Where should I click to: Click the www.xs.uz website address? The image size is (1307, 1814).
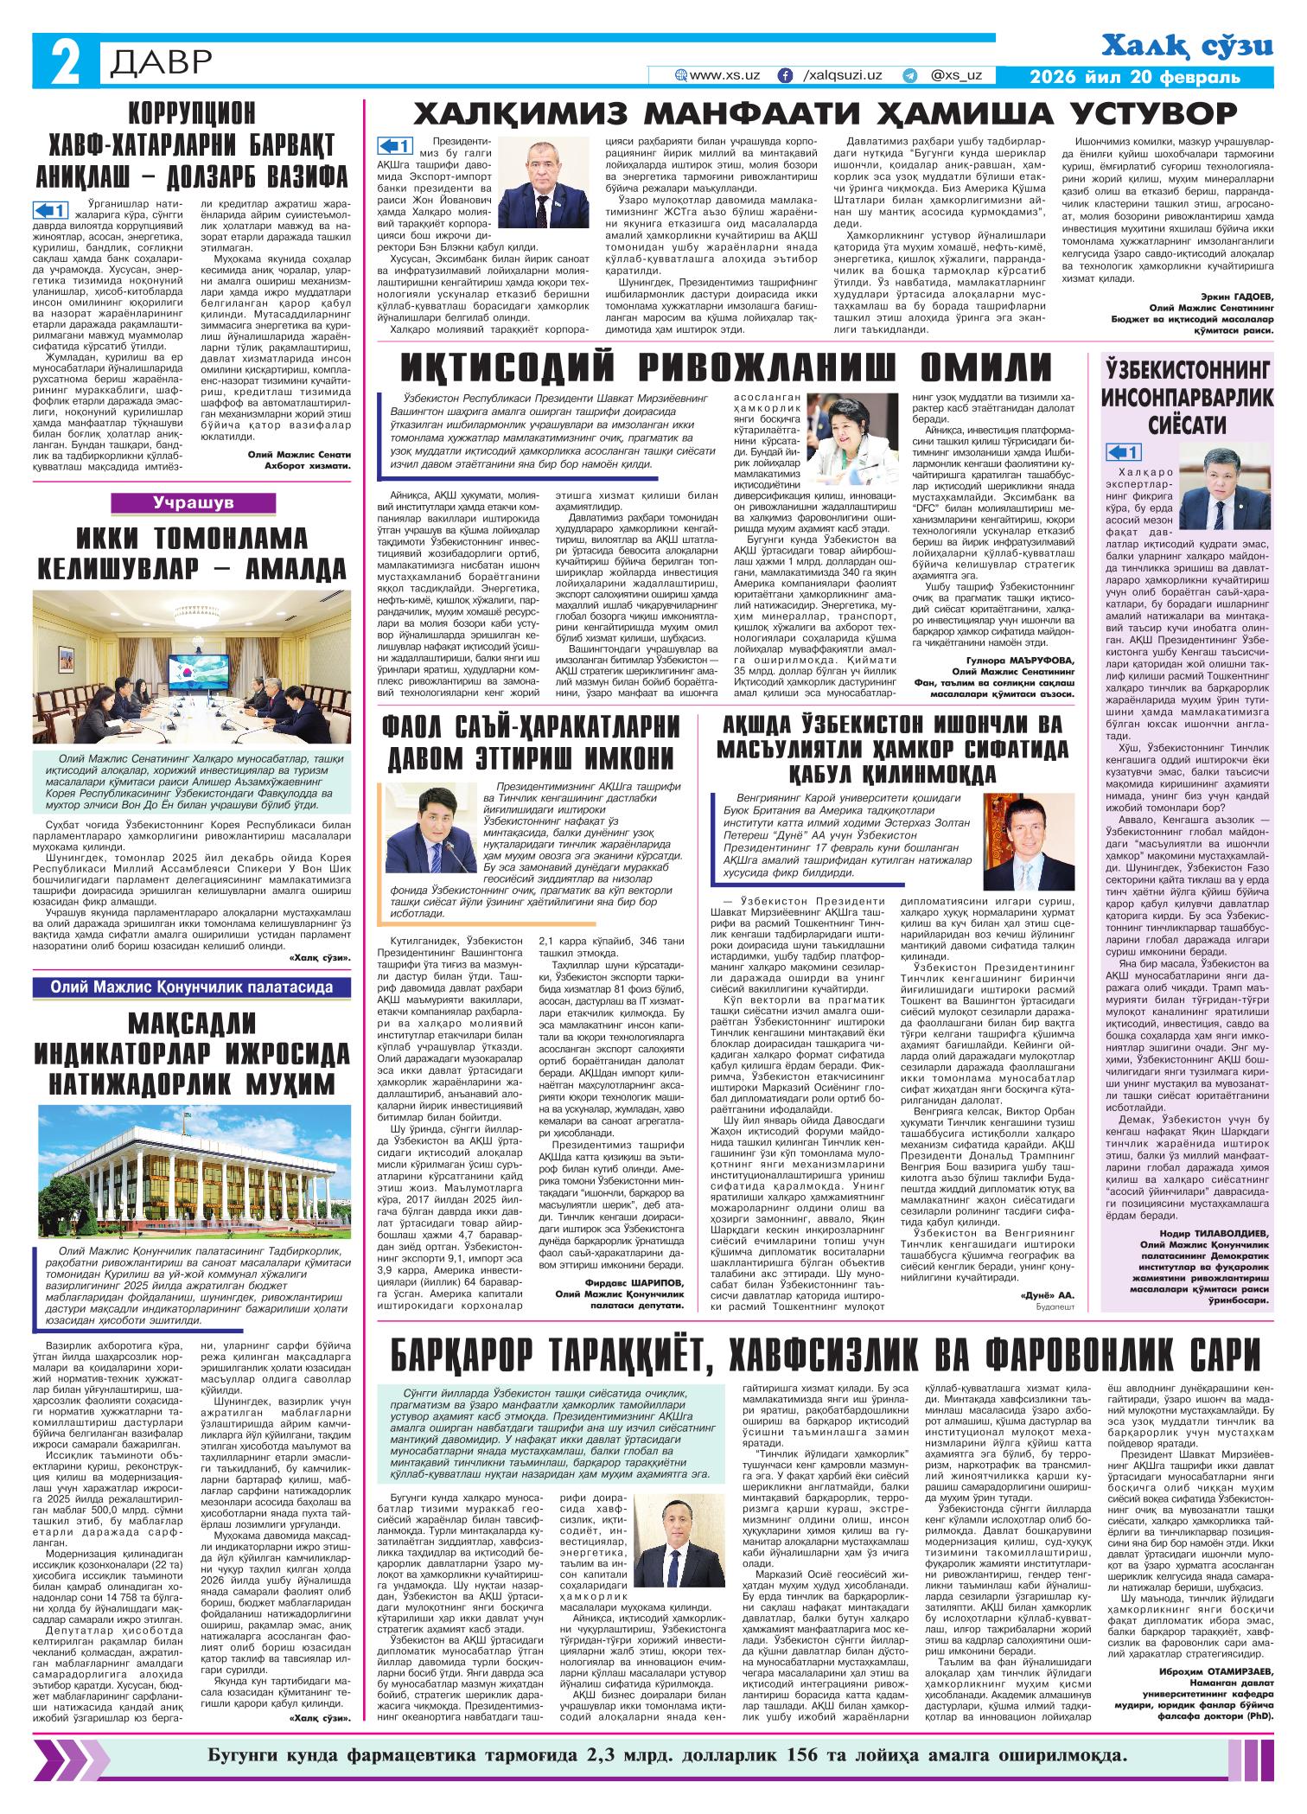coord(724,76)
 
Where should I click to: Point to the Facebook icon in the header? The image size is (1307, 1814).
coord(785,76)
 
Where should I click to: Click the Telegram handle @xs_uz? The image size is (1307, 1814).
coord(956,76)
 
